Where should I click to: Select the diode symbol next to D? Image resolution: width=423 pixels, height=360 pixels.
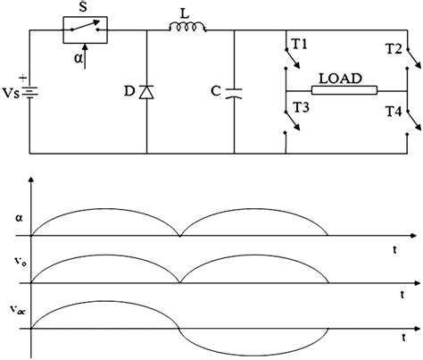pyautogui.click(x=146, y=92)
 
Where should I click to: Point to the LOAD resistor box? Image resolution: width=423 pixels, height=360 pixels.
pyautogui.click(x=344, y=90)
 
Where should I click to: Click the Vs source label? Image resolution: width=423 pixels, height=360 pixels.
pyautogui.click(x=11, y=93)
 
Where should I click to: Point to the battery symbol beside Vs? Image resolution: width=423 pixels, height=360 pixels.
pyautogui.click(x=34, y=92)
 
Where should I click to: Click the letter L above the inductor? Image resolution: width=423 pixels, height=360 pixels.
pyautogui.click(x=191, y=10)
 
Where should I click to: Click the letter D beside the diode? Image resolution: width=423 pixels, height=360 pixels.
pyautogui.click(x=129, y=93)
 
